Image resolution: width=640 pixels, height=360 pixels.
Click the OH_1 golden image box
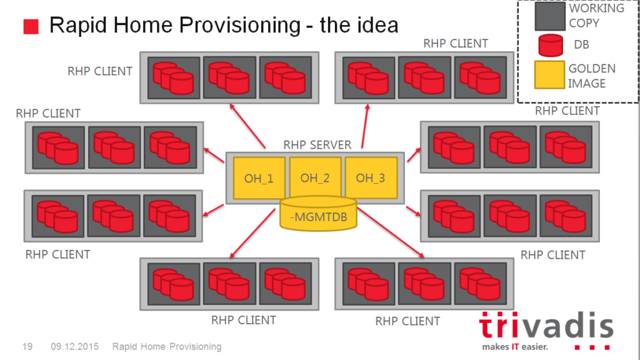point(259,178)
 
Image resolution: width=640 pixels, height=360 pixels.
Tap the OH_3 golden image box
point(371,178)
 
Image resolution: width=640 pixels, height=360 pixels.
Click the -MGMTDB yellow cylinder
point(318,214)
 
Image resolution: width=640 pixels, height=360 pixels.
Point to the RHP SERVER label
point(317,145)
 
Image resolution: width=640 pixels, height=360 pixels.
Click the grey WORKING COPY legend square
point(550,16)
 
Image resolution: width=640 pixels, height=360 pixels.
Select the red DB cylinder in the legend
point(551,45)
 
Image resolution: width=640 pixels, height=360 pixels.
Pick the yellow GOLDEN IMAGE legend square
point(549,75)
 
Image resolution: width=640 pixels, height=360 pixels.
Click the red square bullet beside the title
point(31,26)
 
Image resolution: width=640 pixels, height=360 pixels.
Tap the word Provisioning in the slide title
point(240,25)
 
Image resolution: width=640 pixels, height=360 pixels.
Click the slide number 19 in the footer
point(27,346)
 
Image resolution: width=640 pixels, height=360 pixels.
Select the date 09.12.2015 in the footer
point(75,346)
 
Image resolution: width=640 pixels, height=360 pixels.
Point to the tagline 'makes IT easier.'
point(515,347)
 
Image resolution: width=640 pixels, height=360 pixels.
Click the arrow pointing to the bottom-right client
point(391,232)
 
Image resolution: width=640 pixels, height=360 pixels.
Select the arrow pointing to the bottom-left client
point(252,233)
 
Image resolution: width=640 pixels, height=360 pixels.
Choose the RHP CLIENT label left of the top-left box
point(100,71)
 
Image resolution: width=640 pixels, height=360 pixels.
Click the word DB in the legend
point(581,44)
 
